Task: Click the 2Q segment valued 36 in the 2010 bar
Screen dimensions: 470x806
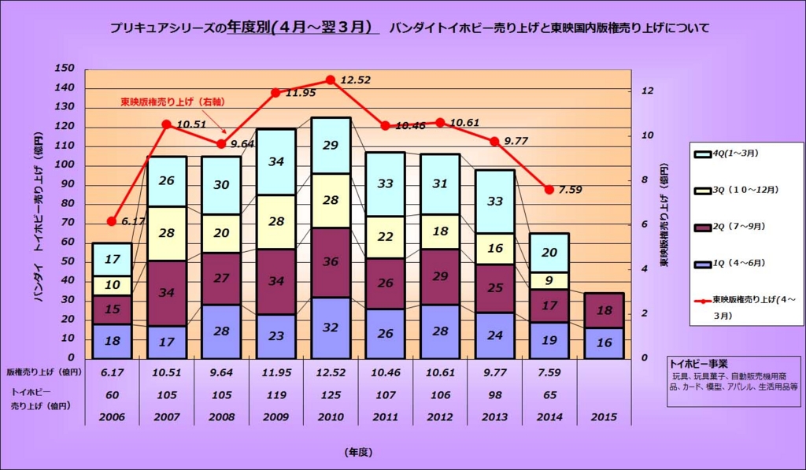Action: (331, 262)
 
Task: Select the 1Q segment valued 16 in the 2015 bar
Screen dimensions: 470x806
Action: (604, 343)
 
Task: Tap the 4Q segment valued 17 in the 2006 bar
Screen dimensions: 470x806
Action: (113, 259)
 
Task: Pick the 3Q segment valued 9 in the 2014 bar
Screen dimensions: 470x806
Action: (549, 280)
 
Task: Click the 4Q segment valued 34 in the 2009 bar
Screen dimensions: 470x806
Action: (275, 161)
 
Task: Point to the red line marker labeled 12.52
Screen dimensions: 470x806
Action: (331, 80)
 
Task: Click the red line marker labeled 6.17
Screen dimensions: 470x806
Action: (112, 221)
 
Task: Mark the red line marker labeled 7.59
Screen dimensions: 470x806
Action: (549, 190)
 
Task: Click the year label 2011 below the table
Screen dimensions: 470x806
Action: (385, 416)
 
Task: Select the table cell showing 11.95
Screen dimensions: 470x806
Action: (275, 372)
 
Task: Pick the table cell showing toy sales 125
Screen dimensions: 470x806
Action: (331, 394)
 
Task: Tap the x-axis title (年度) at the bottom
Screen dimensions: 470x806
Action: (357, 452)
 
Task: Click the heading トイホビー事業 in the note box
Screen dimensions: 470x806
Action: (698, 364)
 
